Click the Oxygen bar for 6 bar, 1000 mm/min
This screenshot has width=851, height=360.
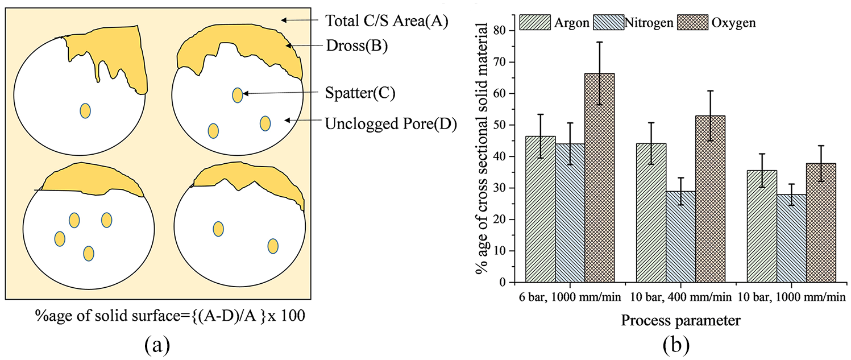tap(600, 178)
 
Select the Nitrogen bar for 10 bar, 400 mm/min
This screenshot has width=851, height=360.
tap(681, 237)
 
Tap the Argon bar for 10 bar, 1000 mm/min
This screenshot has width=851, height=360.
tap(762, 226)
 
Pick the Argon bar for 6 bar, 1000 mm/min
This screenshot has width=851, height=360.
tap(541, 209)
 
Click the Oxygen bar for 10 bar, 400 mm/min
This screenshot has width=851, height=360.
tap(711, 199)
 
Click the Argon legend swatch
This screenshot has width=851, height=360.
tap(535, 22)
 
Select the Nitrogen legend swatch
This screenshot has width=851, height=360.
tap(609, 22)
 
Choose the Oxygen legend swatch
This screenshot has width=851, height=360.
tap(692, 22)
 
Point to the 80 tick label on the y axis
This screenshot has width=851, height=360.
tap(501, 30)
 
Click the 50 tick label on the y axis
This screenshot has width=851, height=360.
tap(501, 125)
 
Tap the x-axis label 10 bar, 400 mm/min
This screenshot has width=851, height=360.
tap(681, 297)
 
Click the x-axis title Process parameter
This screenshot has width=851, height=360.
tap(681, 320)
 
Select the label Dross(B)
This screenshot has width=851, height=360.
tap(357, 46)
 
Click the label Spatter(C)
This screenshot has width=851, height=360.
tap(360, 93)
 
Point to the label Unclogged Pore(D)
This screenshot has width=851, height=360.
tap(391, 124)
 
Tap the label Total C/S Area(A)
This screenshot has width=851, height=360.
tap(387, 21)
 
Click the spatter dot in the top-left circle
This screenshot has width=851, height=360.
tap(85, 111)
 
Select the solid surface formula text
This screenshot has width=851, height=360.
tap(170, 316)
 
